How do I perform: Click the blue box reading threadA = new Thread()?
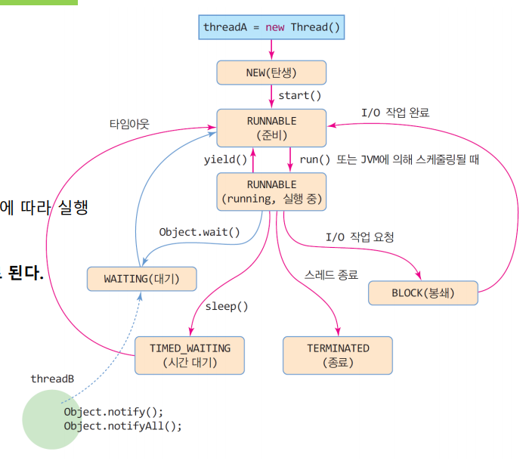click(x=271, y=27)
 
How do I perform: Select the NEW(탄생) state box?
click(x=271, y=73)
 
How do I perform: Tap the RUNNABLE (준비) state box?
click(x=271, y=128)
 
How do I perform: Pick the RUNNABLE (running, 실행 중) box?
click(x=271, y=192)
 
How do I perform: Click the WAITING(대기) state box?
click(x=141, y=279)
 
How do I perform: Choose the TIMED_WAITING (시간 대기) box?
click(x=190, y=355)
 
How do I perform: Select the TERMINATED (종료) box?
click(x=338, y=355)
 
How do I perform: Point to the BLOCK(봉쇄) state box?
click(x=423, y=293)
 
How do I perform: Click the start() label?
click(x=299, y=96)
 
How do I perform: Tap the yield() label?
click(x=225, y=159)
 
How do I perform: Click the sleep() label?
click(x=227, y=306)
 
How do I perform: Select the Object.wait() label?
click(x=200, y=232)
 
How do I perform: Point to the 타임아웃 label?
click(x=129, y=124)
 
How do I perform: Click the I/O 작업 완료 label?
click(x=395, y=113)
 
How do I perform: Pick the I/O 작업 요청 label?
click(x=360, y=237)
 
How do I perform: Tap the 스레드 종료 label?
click(x=331, y=275)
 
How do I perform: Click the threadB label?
click(x=52, y=379)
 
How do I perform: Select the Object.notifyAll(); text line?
click(x=122, y=426)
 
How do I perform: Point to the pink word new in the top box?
click(x=275, y=27)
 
